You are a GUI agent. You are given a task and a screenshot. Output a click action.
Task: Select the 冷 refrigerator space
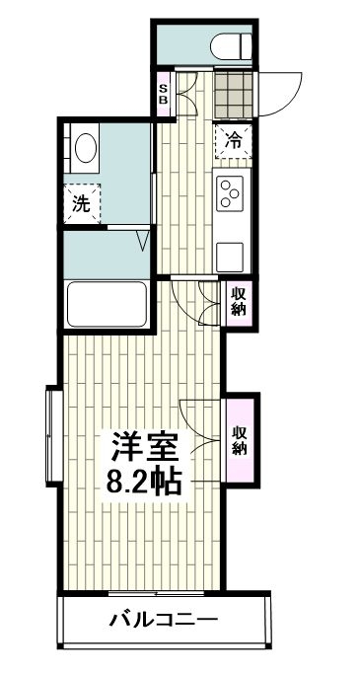point(234,139)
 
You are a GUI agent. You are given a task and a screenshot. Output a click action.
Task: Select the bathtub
point(106,303)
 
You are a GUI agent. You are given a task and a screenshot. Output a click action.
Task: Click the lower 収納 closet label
point(240,441)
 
